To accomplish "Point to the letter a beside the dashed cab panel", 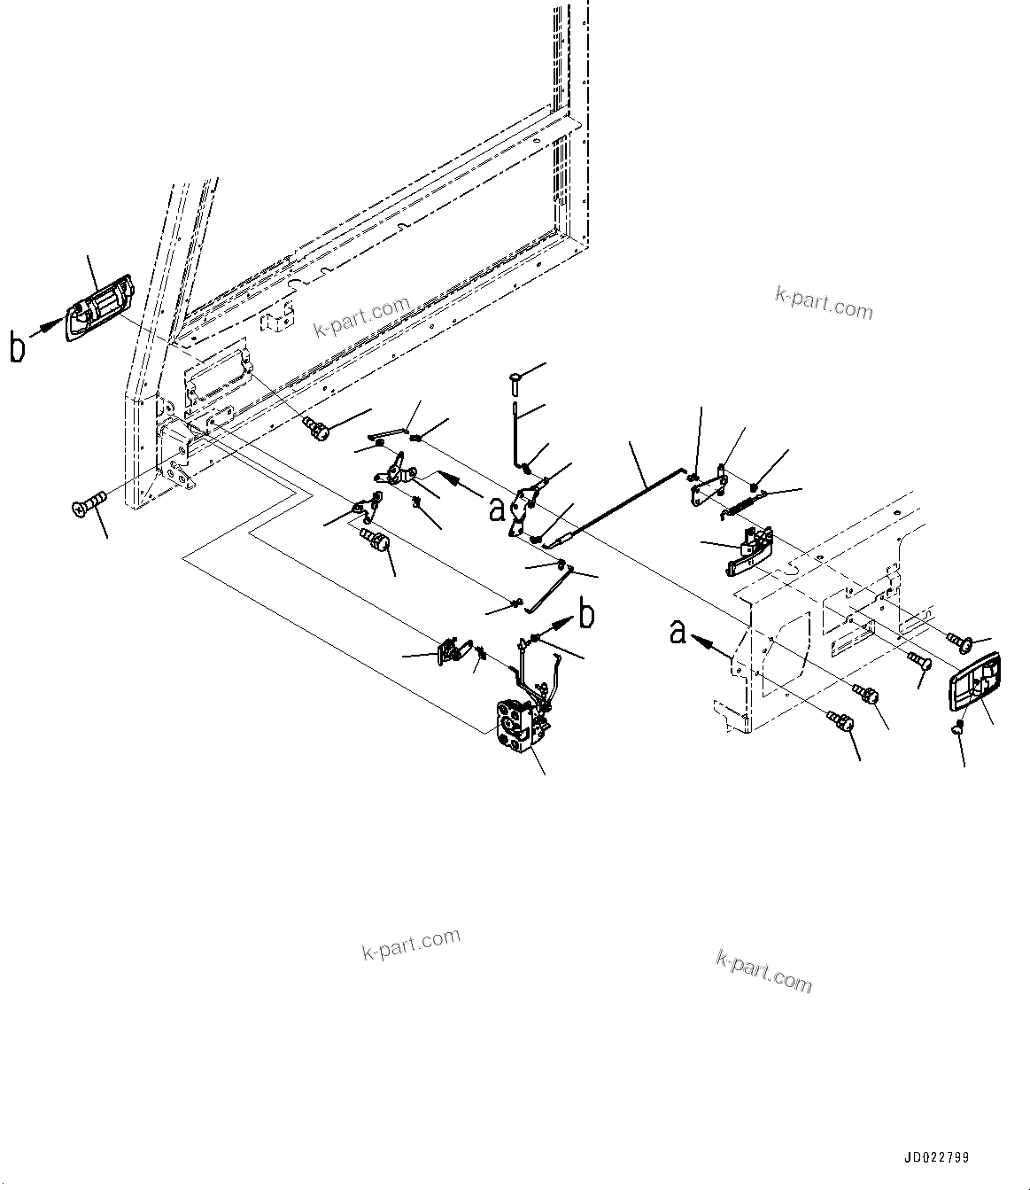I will [678, 632].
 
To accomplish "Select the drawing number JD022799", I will [937, 1158].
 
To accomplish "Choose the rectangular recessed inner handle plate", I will [974, 681].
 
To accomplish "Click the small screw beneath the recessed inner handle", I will [956, 728].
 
